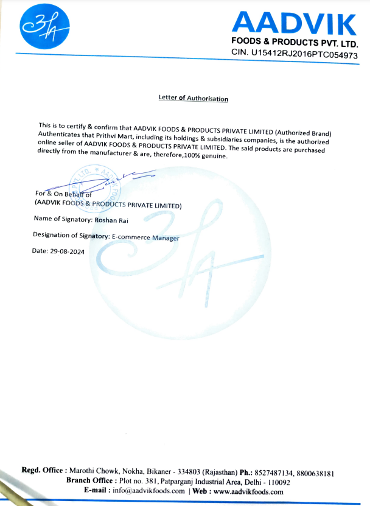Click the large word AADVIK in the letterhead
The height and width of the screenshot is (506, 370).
[294, 24]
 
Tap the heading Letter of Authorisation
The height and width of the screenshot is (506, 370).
[193, 98]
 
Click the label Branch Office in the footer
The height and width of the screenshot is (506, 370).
[91, 480]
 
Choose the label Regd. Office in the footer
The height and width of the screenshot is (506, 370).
[43, 470]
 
